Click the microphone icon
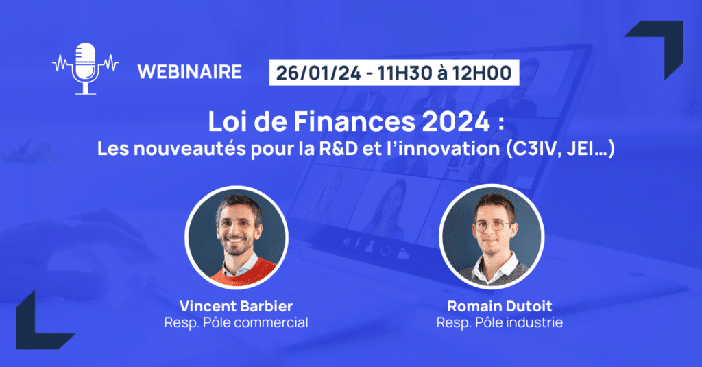click(x=85, y=68)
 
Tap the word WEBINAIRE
click(x=190, y=72)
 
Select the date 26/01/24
click(x=318, y=73)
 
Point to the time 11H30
click(x=405, y=73)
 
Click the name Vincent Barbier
click(x=236, y=306)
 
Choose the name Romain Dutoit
click(x=500, y=306)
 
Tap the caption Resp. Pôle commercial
click(x=236, y=322)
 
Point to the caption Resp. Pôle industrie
click(x=500, y=322)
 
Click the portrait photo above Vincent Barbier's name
click(x=237, y=237)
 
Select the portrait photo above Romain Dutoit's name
click(x=492, y=236)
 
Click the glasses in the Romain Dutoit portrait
click(x=492, y=226)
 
